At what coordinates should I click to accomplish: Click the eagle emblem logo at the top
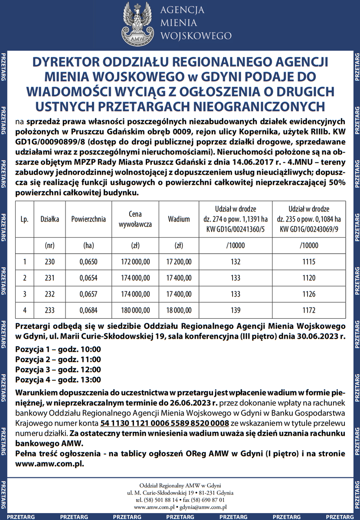(x=138, y=23)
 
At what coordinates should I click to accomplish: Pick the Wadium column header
(x=179, y=219)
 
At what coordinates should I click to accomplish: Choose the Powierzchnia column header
(x=88, y=219)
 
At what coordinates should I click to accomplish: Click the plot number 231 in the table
(x=50, y=278)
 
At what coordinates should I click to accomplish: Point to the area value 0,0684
(x=88, y=310)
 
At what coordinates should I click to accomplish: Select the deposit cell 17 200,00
(x=179, y=262)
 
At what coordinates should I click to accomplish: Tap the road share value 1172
(x=309, y=310)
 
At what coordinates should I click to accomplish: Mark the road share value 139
(x=236, y=310)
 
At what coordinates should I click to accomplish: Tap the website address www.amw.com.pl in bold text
(x=49, y=463)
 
